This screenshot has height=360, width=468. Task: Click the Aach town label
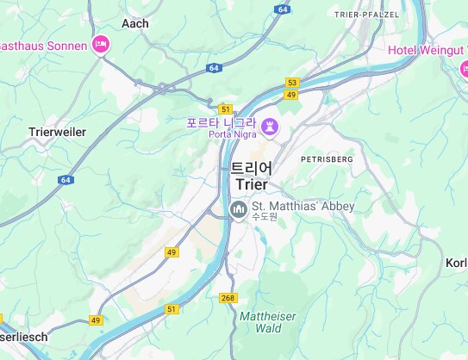pos(136,24)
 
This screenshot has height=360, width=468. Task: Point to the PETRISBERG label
pos(328,160)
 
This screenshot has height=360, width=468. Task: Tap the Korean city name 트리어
pos(251,168)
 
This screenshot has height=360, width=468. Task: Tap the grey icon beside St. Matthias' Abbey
pos(238,208)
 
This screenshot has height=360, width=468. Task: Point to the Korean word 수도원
pos(265,217)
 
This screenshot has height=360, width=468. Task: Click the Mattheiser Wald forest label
pos(268,322)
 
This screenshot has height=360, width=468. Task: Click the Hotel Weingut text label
pos(427,50)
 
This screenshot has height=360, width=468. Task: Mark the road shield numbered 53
pos(291,82)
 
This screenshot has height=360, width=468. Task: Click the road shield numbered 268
pos(228,298)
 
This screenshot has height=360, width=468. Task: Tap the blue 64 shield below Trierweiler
pos(66,179)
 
